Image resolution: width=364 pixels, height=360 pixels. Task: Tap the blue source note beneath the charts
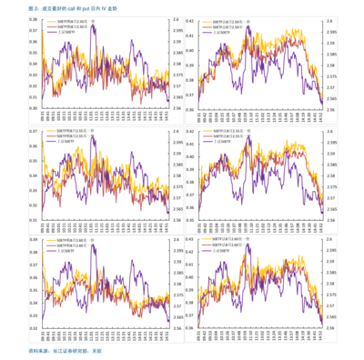click(64, 350)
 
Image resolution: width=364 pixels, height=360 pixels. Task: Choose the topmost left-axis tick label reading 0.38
click(34, 19)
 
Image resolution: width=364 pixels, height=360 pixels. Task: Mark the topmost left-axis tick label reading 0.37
click(34, 30)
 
